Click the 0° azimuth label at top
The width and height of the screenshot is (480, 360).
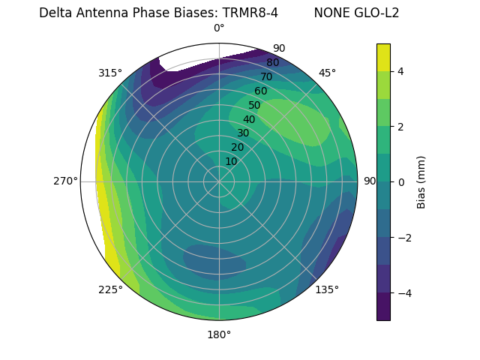click(219, 28)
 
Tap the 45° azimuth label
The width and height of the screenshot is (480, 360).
click(327, 73)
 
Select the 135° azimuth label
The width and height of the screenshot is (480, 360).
click(327, 289)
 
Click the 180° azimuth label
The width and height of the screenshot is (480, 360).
click(219, 334)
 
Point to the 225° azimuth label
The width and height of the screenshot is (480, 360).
click(110, 289)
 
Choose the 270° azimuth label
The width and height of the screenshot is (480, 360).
click(65, 181)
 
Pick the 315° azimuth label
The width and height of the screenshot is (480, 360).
click(110, 73)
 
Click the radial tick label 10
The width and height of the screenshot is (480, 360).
click(231, 161)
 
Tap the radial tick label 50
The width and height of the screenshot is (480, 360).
click(254, 105)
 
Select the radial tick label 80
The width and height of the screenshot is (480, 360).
click(272, 62)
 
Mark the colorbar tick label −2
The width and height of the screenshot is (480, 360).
click(402, 238)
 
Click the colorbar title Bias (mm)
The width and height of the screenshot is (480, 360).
click(421, 182)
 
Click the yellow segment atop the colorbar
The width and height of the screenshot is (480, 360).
click(383, 57)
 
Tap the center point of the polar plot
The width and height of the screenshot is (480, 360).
click(219, 181)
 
